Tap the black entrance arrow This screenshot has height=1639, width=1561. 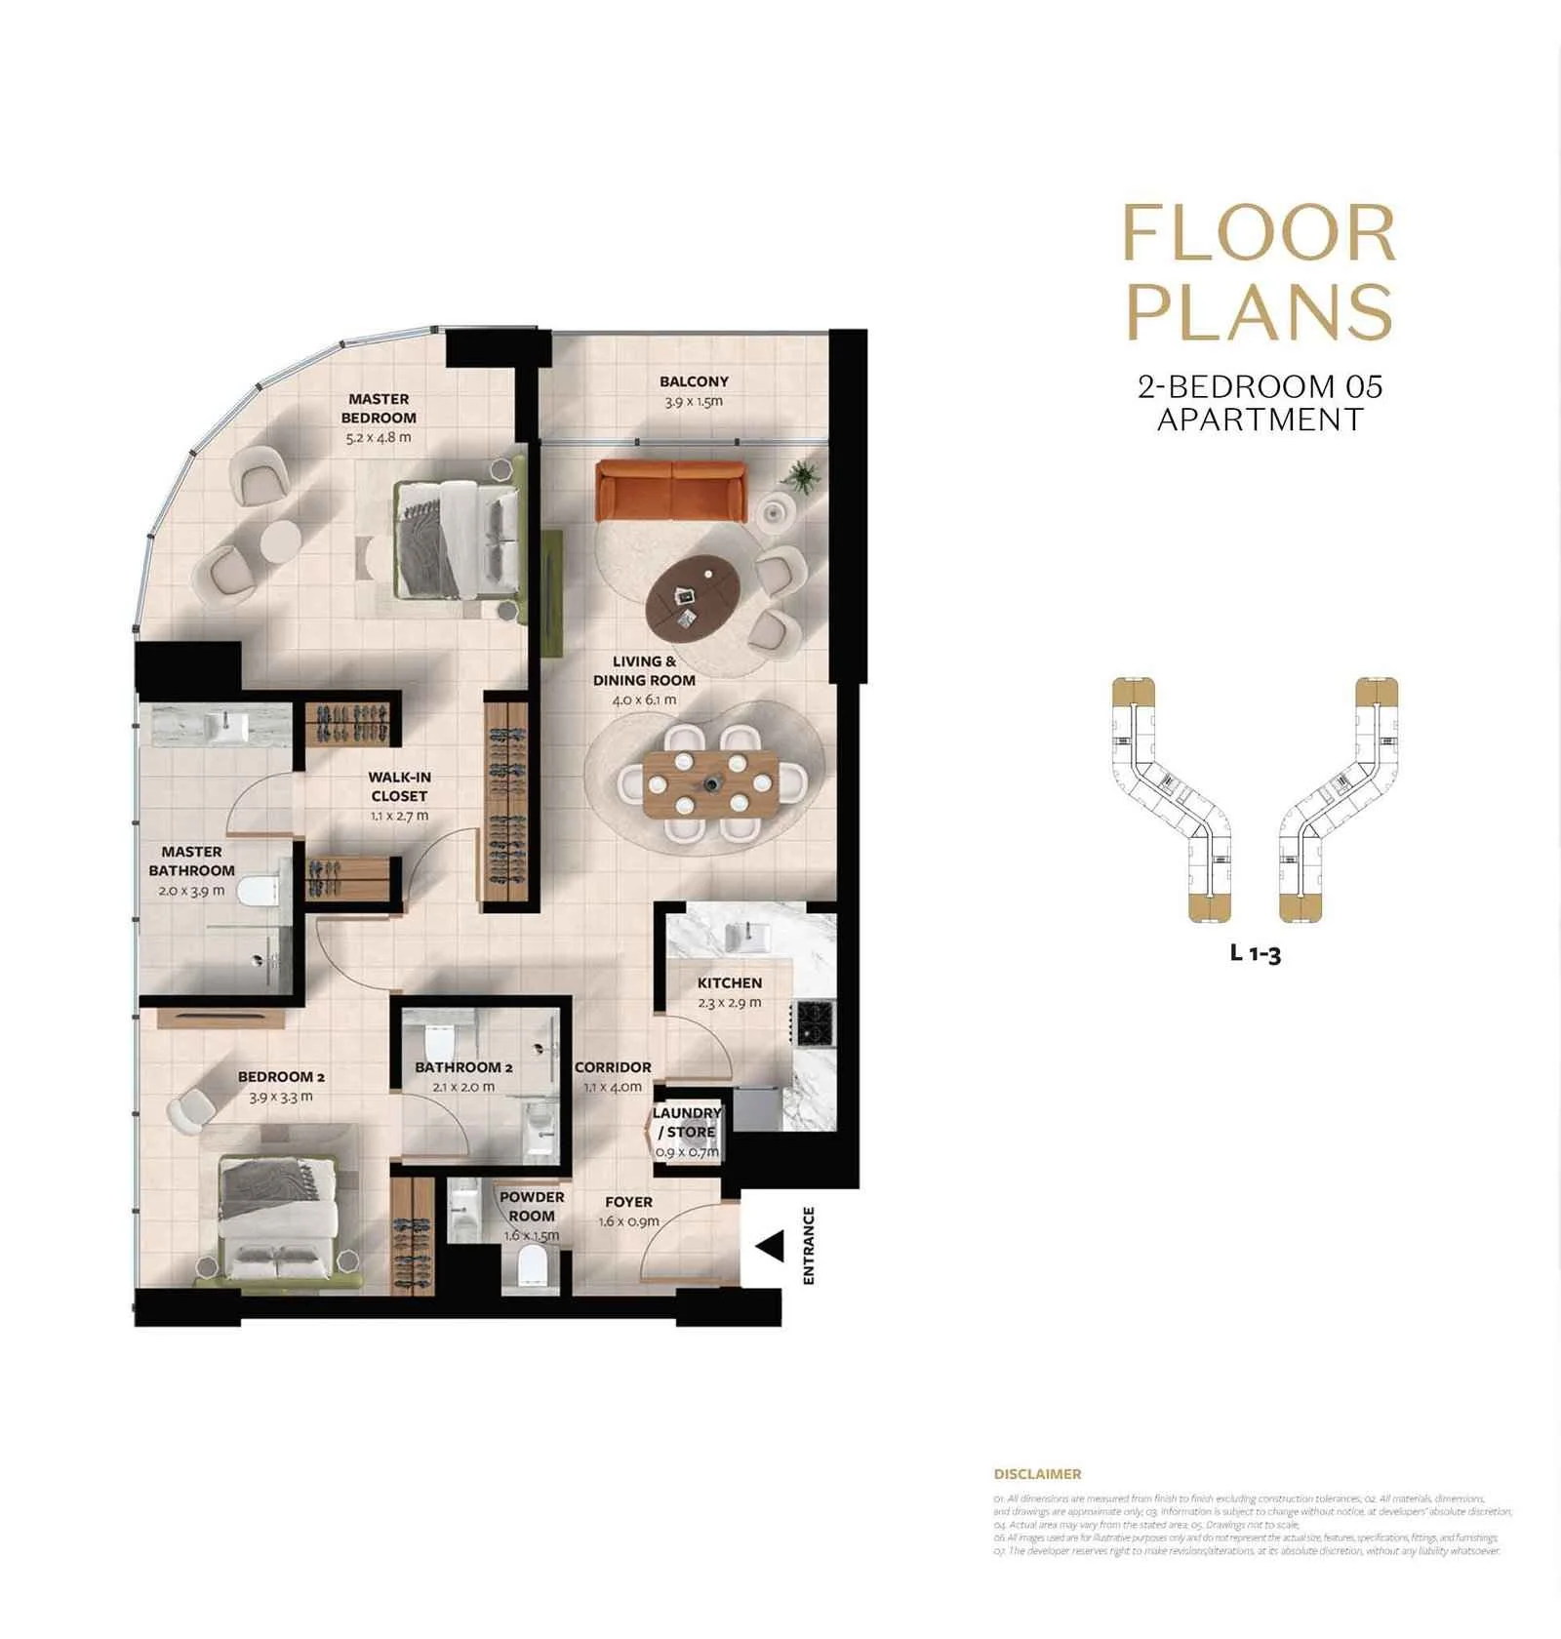pyautogui.click(x=772, y=1246)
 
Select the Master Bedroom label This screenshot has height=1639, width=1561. pyautogui.click(x=379, y=408)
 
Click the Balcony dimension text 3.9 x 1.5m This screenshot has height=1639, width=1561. pyautogui.click(x=693, y=402)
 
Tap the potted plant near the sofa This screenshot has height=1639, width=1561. pyautogui.click(x=803, y=476)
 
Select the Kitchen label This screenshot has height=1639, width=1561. pyautogui.click(x=729, y=982)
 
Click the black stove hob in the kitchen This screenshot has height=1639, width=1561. pyautogui.click(x=816, y=1021)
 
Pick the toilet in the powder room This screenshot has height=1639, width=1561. pyautogui.click(x=532, y=1267)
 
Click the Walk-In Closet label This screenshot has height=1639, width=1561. pyautogui.click(x=399, y=786)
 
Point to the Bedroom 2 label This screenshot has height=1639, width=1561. pyautogui.click(x=281, y=1077)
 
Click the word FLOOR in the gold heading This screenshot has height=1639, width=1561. pyautogui.click(x=1259, y=234)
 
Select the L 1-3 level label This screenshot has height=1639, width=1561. pyautogui.click(x=1255, y=953)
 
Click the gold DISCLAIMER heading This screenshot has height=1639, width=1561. pyautogui.click(x=1036, y=1474)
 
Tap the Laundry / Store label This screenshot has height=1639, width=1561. pyautogui.click(x=687, y=1122)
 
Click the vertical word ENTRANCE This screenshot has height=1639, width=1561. pyautogui.click(x=808, y=1245)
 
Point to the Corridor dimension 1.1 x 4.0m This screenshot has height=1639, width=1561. pyautogui.click(x=613, y=1087)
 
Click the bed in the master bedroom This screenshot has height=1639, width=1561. pyautogui.click(x=457, y=540)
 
